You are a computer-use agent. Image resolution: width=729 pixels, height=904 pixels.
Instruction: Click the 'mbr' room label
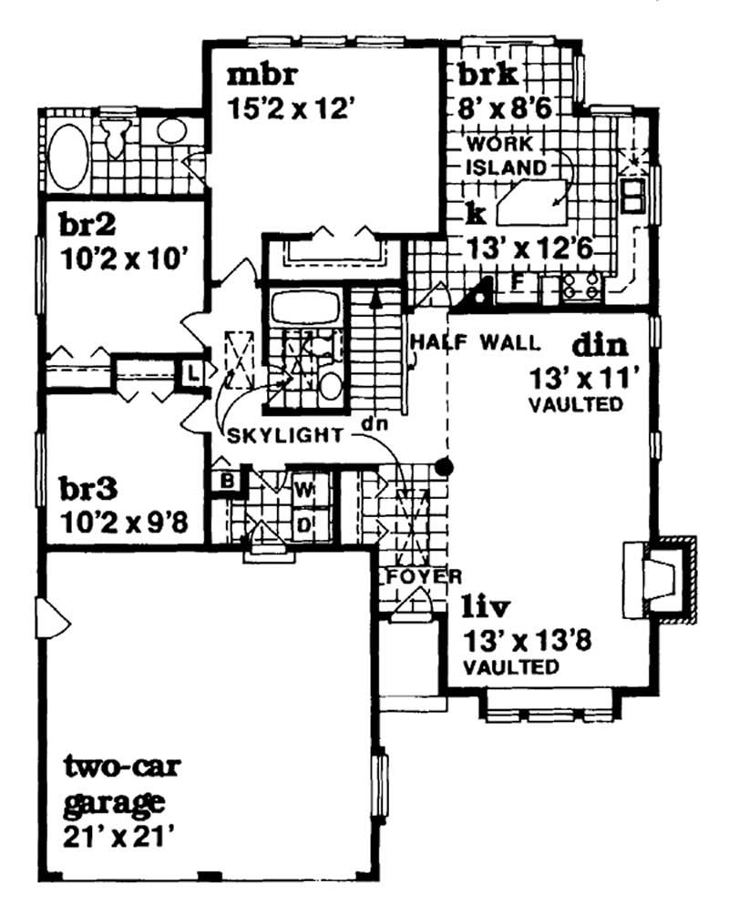(x=254, y=72)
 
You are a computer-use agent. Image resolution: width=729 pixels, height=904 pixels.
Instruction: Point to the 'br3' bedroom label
(x=88, y=490)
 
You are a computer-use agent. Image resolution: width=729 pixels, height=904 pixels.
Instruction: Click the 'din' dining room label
(x=601, y=345)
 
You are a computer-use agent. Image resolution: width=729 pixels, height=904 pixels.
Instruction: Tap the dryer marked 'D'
(x=304, y=523)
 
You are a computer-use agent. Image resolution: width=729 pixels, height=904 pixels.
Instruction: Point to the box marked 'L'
(x=193, y=372)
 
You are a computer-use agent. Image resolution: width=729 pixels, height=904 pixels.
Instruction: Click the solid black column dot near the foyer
(x=445, y=467)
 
